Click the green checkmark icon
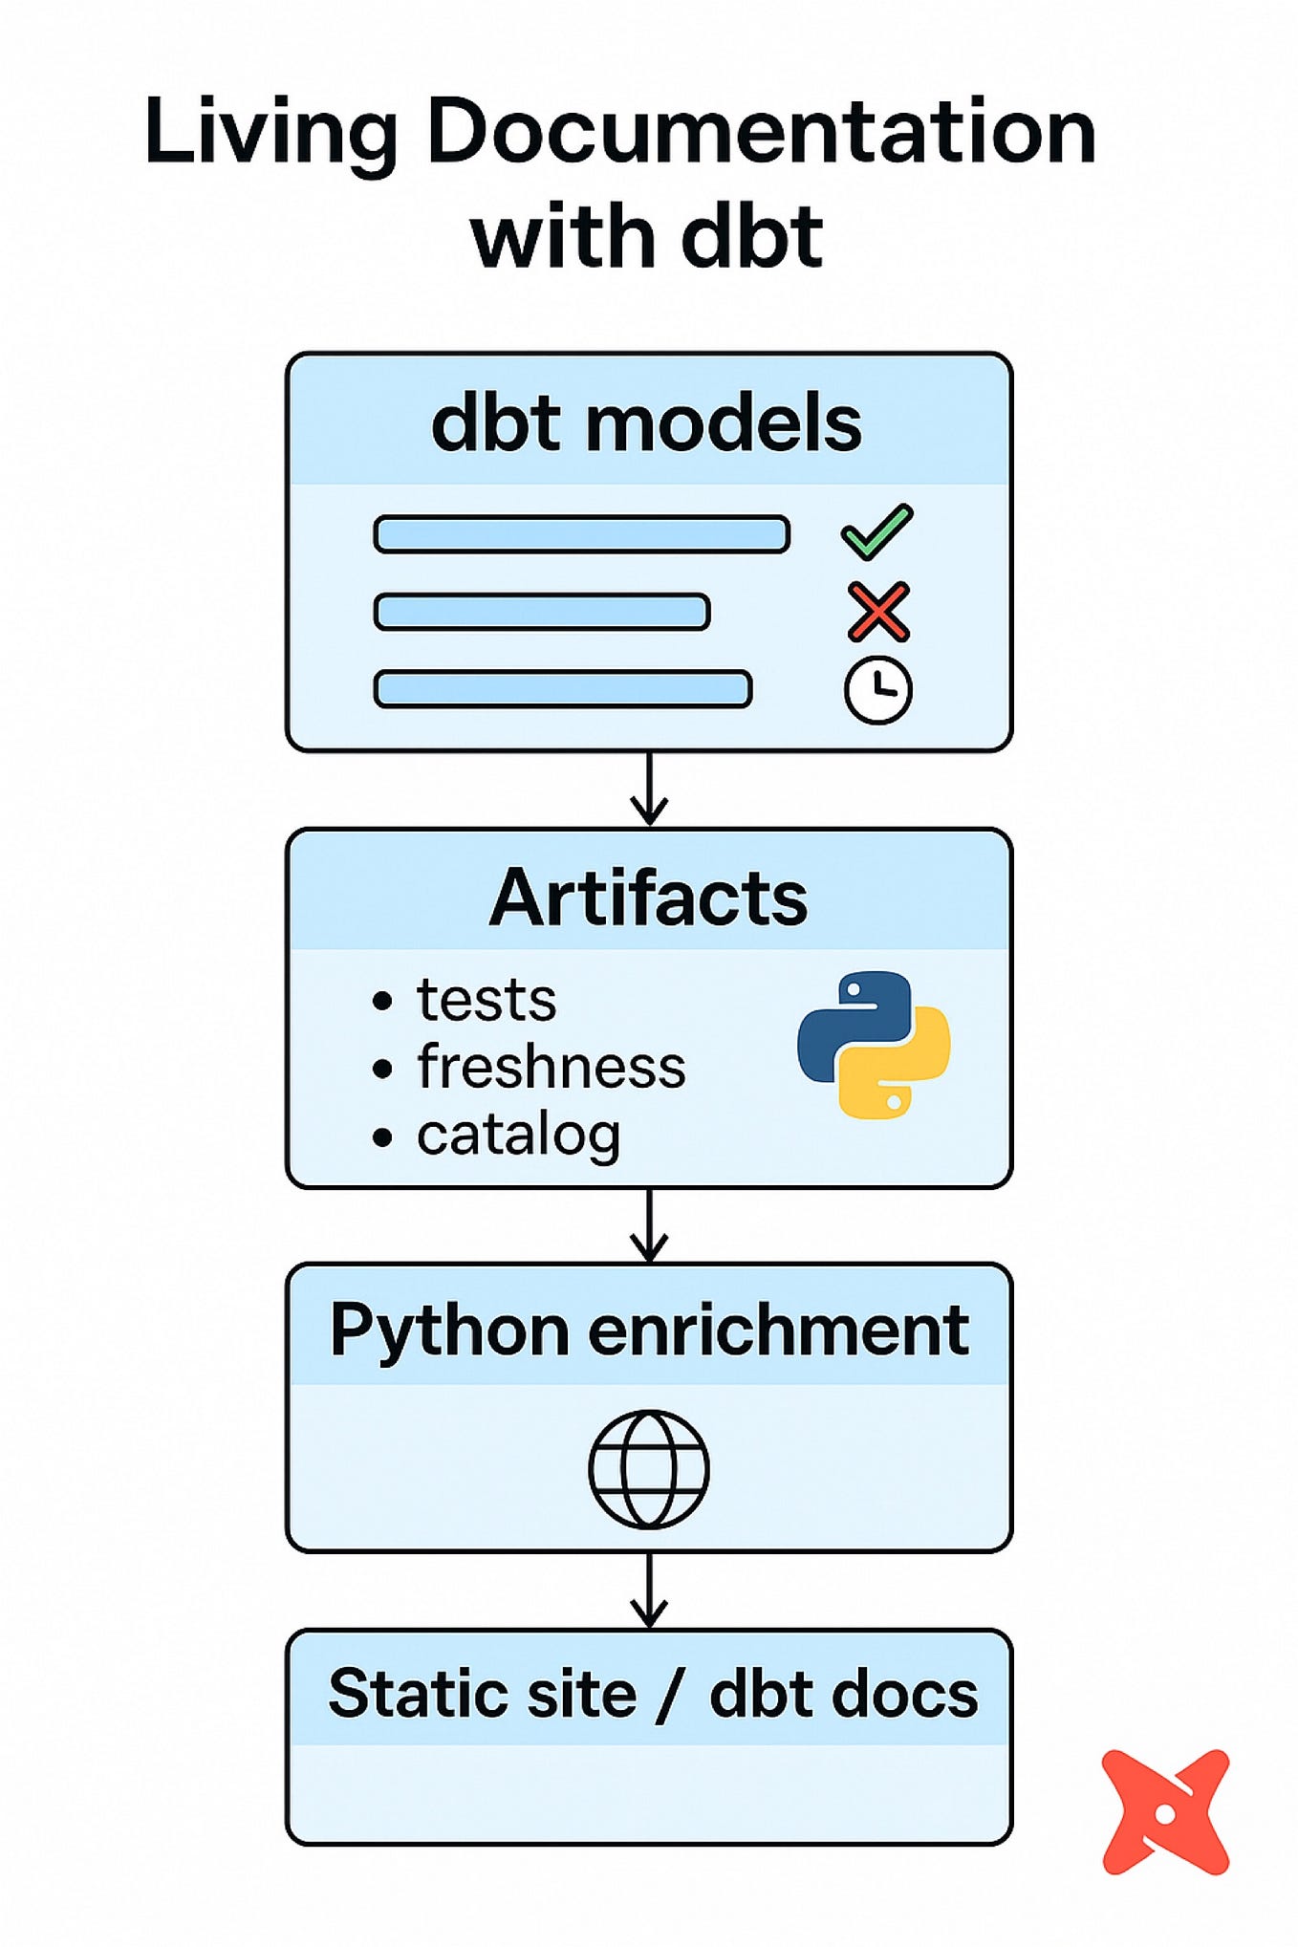[876, 532]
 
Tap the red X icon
[877, 612]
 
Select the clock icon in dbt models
[877, 689]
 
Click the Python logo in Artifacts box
[873, 1045]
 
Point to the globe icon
[648, 1468]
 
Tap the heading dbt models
[647, 423]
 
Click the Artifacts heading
[648, 898]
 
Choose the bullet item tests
[486, 1001]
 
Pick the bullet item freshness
[551, 1068]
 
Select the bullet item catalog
[518, 1136]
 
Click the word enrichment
[778, 1330]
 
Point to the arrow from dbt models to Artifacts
[649, 790]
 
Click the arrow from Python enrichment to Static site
[649, 1590]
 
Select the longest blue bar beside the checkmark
[581, 534]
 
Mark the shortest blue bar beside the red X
[541, 612]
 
